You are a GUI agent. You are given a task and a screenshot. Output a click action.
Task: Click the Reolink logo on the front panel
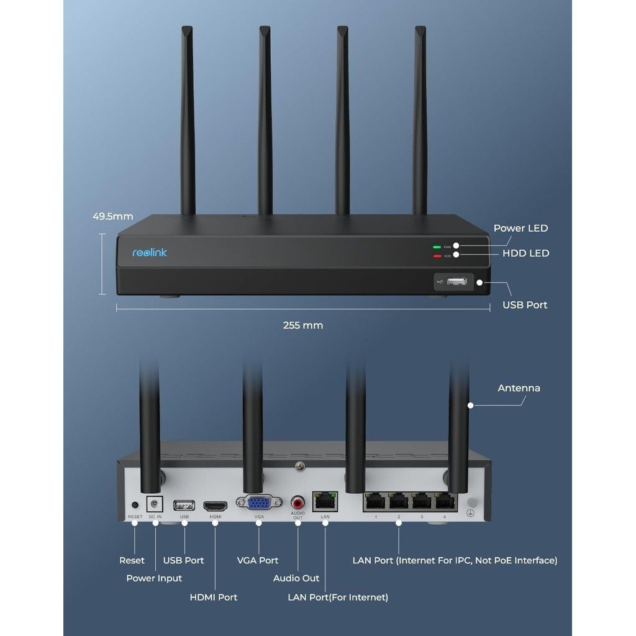pyautogui.click(x=150, y=252)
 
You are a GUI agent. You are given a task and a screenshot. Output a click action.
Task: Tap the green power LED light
pyautogui.click(x=437, y=247)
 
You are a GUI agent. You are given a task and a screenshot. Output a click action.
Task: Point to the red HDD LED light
pyautogui.click(x=437, y=256)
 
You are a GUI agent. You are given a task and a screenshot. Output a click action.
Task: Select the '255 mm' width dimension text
pyautogui.click(x=303, y=325)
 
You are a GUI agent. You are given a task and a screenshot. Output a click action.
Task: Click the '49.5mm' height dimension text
pyautogui.click(x=112, y=217)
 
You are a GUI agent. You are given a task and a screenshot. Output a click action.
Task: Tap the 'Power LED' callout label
pyautogui.click(x=520, y=228)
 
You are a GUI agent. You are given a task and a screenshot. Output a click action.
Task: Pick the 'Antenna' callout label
pyautogui.click(x=519, y=388)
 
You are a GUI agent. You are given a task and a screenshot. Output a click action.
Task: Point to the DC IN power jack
pyautogui.click(x=155, y=504)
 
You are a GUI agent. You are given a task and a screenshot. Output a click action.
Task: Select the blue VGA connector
pyautogui.click(x=259, y=503)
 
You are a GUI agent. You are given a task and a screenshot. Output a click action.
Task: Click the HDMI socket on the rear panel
pyautogui.click(x=216, y=505)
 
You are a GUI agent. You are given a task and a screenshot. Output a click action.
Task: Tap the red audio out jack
pyautogui.click(x=298, y=501)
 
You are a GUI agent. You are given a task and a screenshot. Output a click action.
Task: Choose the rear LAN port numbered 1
pyautogui.click(x=375, y=502)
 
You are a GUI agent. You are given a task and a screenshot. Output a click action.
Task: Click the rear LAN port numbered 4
pyautogui.click(x=444, y=502)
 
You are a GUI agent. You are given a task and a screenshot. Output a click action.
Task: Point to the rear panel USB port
pyautogui.click(x=184, y=504)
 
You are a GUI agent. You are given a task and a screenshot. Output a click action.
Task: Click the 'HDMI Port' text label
pyautogui.click(x=213, y=597)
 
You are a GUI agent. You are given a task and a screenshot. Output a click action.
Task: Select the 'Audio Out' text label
pyautogui.click(x=296, y=578)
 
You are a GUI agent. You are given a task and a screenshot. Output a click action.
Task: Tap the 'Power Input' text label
pyautogui.click(x=154, y=578)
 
